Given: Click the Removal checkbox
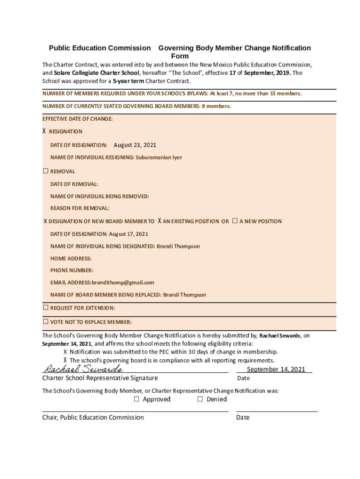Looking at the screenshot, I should pos(46,171).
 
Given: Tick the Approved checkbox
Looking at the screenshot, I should pos(137,399).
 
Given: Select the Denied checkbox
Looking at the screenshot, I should pos(200,399).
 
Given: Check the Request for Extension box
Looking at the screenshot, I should pos(46,308).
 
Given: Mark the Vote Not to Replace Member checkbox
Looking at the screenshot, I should pos(46,322).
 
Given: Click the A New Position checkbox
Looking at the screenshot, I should pos(235,221).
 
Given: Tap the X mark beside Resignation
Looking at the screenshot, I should pos(44,131).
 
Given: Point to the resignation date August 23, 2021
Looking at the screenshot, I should pos(135,145).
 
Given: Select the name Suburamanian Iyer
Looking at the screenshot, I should pos(159,157).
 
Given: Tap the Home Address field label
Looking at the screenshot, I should pos(71,258).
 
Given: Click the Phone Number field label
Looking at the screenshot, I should pos(72,270).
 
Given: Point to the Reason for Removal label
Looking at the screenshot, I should pos(80,208).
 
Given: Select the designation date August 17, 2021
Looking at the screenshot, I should pos(129,234).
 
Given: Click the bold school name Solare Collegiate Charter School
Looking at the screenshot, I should pos(96,73).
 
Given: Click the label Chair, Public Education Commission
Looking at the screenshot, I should pos(93,417).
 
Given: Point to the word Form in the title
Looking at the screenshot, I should pos(180,56).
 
